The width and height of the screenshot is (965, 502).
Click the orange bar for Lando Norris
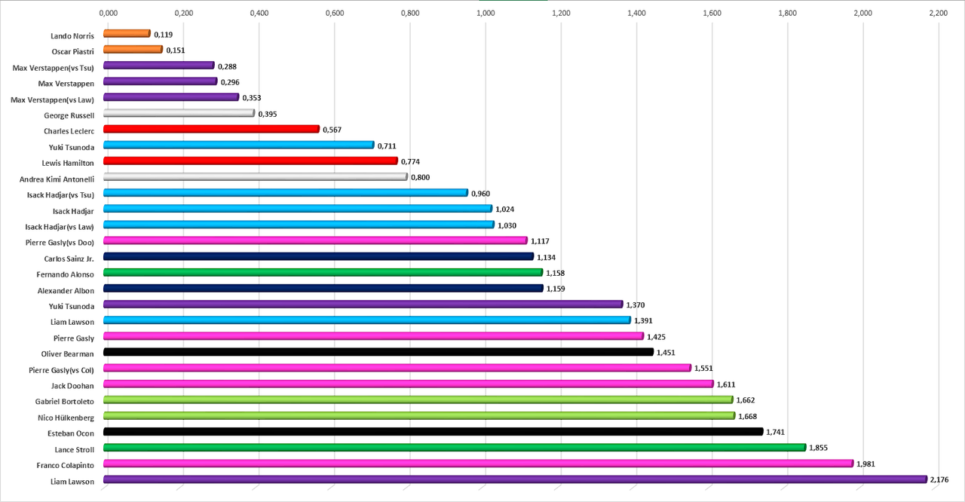coord(127,33)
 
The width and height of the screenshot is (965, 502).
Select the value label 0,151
coord(176,51)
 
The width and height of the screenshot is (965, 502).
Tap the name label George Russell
coord(69,115)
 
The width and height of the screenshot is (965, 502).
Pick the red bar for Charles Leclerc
coord(211,129)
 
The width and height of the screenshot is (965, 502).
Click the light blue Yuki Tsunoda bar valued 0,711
coord(238,145)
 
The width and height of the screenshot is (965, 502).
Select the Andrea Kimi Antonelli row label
coord(57,179)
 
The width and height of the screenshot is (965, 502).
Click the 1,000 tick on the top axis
coord(486,13)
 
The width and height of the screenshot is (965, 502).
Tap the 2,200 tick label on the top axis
coord(938,13)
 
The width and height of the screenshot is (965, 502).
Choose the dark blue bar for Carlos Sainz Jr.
coord(318,256)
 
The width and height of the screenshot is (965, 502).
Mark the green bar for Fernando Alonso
coord(323,272)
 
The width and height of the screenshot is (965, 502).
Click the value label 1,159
coord(556,289)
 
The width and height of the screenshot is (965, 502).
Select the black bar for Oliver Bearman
coord(378,352)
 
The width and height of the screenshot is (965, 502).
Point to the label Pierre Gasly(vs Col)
coord(61,370)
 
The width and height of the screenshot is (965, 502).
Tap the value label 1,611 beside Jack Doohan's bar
coord(726,384)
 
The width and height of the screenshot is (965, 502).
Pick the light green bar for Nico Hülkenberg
coord(418,415)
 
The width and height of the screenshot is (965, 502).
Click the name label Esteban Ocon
coord(73,433)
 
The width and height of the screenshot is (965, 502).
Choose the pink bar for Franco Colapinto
coord(478,464)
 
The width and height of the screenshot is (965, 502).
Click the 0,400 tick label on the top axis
coord(259,13)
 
